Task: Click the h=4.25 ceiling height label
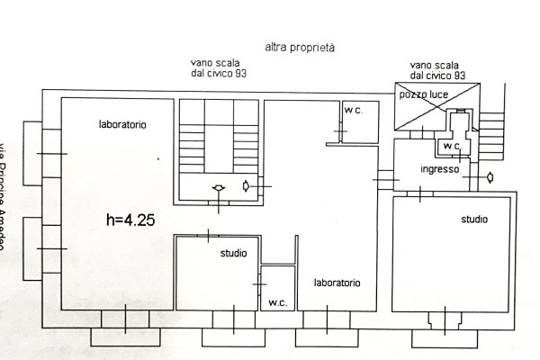[x=131, y=219]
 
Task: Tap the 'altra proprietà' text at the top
[x=300, y=47]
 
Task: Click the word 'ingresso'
[x=440, y=169]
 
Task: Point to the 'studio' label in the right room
[x=474, y=219]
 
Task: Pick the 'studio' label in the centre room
[x=234, y=254]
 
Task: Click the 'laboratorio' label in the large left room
[x=123, y=123]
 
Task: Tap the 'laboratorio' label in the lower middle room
[x=337, y=283]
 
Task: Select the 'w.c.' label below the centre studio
[x=276, y=302]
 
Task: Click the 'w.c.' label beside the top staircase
[x=353, y=110]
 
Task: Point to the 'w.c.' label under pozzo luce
[x=450, y=146]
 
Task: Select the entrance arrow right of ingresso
[x=489, y=176]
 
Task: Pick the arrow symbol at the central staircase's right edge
[x=247, y=186]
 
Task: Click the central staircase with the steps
[x=219, y=144]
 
